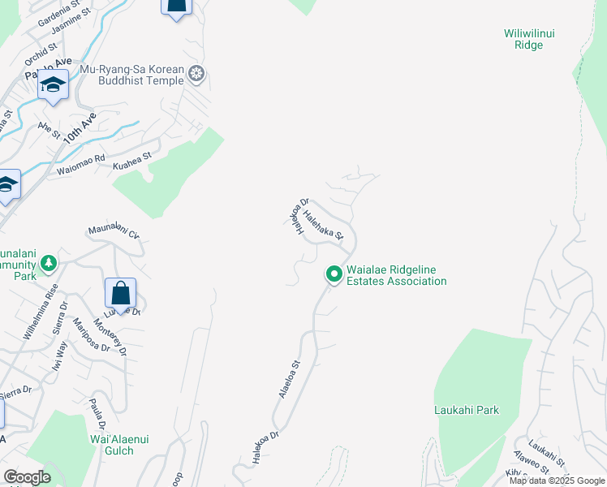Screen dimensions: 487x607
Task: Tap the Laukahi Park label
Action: pos(466,410)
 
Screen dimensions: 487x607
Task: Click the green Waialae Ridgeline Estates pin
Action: pos(333,274)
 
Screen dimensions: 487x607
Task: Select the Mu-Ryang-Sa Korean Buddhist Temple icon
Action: pos(196,75)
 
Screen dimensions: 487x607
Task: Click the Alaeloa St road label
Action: pos(291,378)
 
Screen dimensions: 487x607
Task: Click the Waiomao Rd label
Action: pos(81,165)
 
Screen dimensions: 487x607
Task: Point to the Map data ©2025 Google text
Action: pos(556,481)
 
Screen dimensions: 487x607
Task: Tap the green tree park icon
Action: pos(49,263)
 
